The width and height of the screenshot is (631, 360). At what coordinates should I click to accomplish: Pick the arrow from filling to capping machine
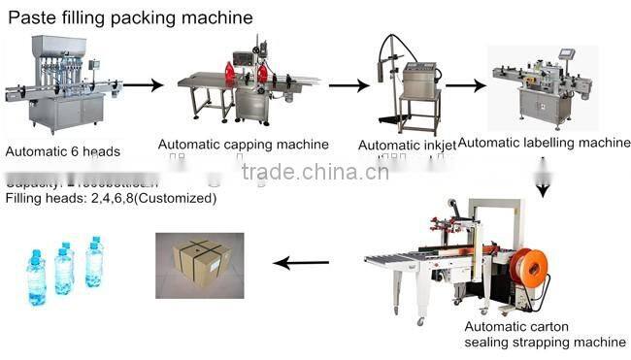143,85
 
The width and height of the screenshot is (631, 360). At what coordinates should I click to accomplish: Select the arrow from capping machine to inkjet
349,85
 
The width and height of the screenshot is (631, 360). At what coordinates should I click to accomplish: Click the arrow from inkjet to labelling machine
465,85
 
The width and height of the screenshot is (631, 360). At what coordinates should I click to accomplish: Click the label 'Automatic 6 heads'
63,151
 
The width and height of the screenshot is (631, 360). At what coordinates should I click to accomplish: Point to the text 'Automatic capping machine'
243,145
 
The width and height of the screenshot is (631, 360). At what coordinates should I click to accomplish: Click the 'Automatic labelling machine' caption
544,143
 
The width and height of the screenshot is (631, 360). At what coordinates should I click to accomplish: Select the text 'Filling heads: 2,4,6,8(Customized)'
111,198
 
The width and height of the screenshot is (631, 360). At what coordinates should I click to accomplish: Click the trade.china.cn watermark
315,173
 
